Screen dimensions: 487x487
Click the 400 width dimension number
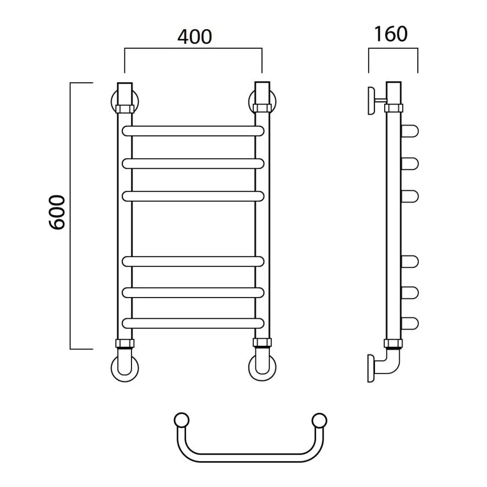[195, 37]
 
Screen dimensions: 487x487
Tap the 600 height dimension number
[58, 212]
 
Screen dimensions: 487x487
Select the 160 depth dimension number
[391, 34]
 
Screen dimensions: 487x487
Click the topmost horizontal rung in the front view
[193, 131]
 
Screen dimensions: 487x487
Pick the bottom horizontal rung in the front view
[193, 324]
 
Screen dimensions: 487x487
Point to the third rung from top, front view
[193, 196]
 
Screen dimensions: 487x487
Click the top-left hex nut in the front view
[125, 109]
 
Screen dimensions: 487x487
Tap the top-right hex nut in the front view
[262, 108]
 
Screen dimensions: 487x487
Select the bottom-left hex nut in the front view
[125, 343]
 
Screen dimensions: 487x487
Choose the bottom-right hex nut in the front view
[262, 343]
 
